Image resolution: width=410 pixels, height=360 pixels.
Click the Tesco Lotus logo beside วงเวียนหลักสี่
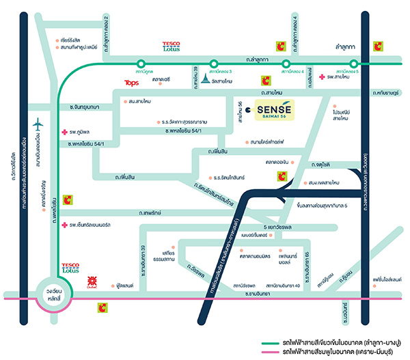pyautogui.click(x=70, y=267)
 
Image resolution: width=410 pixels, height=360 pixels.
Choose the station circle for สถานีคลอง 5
pyautogui.click(x=342, y=63)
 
